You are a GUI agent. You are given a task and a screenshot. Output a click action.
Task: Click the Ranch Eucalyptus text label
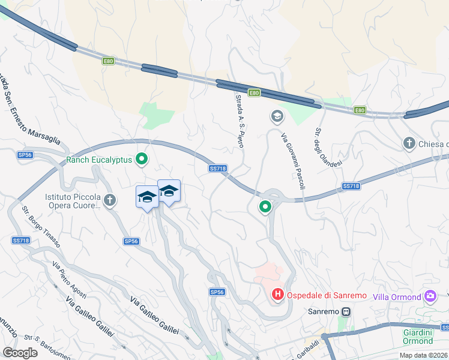99,160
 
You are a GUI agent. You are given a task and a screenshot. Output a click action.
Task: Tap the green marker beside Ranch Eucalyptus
142,160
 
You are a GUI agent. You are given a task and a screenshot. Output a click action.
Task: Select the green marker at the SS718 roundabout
265,207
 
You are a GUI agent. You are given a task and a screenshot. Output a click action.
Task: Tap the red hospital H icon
278,295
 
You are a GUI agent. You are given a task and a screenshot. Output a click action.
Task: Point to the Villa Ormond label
397,296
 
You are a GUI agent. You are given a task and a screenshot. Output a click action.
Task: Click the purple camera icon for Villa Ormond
429,296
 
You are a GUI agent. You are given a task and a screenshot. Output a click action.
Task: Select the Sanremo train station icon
346,312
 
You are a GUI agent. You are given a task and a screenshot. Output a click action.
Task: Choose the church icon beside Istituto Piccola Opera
109,201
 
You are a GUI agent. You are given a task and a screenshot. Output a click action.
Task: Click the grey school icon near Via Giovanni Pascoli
277,116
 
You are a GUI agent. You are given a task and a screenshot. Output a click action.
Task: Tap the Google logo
20,353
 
